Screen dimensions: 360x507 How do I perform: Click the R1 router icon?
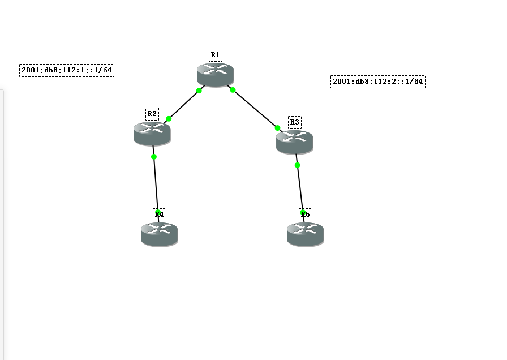click(x=215, y=75)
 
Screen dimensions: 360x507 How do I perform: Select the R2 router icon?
click(x=152, y=134)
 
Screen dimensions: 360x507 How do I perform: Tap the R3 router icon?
click(x=294, y=142)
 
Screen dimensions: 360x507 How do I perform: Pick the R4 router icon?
click(x=159, y=234)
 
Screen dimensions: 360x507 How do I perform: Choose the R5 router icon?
click(x=305, y=234)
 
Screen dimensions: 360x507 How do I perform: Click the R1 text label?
click(x=215, y=55)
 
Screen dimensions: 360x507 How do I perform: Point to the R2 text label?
click(x=152, y=114)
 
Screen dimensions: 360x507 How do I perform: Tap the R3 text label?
click(x=294, y=122)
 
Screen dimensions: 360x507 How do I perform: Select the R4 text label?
click(x=159, y=215)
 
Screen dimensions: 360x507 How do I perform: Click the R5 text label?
click(x=306, y=214)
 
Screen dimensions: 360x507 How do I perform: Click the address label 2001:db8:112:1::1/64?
click(x=67, y=70)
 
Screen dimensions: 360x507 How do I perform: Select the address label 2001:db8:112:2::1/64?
click(x=378, y=82)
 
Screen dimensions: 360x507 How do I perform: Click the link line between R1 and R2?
click(x=184, y=105)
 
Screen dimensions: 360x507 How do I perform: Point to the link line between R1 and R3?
click(x=255, y=109)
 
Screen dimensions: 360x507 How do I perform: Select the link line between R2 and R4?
click(x=156, y=184)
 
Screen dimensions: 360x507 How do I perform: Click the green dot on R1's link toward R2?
click(x=199, y=91)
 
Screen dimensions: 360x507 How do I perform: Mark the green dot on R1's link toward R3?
click(x=233, y=90)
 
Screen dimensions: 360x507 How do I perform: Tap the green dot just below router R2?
click(x=154, y=157)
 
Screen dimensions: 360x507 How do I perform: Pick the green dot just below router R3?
click(x=297, y=165)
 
